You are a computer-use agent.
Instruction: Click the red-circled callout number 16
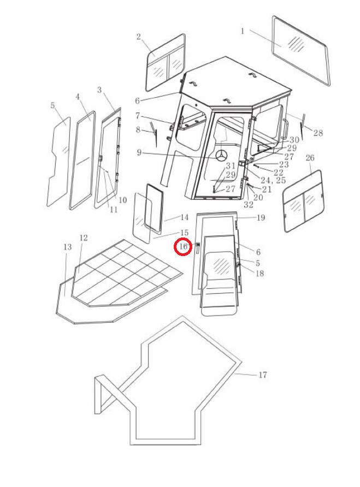tap(183, 247)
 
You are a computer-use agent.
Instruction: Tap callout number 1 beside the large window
tap(243, 31)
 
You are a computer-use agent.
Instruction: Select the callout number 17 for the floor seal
tap(263, 375)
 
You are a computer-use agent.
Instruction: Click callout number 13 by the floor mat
tap(67, 247)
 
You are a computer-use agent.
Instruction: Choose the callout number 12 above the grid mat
tap(84, 237)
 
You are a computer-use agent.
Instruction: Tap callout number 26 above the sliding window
tap(310, 158)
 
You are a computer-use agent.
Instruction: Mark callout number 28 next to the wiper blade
tap(318, 133)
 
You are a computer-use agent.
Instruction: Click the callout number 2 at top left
tap(139, 37)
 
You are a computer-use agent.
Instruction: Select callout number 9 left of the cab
tap(139, 152)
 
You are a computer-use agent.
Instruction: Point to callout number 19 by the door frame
tap(261, 217)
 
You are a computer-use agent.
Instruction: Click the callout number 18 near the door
tap(259, 274)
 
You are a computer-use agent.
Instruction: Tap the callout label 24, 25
tap(273, 181)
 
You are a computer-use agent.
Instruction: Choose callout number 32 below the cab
tap(249, 205)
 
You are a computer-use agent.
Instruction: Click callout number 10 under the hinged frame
tap(123, 200)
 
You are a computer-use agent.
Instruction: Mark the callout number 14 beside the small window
tap(184, 217)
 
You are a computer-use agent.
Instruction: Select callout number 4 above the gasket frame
tap(78, 97)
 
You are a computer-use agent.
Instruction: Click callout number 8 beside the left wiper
tap(138, 130)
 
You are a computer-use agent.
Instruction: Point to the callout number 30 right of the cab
tap(294, 140)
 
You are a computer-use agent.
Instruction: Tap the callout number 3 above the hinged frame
tap(99, 90)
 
